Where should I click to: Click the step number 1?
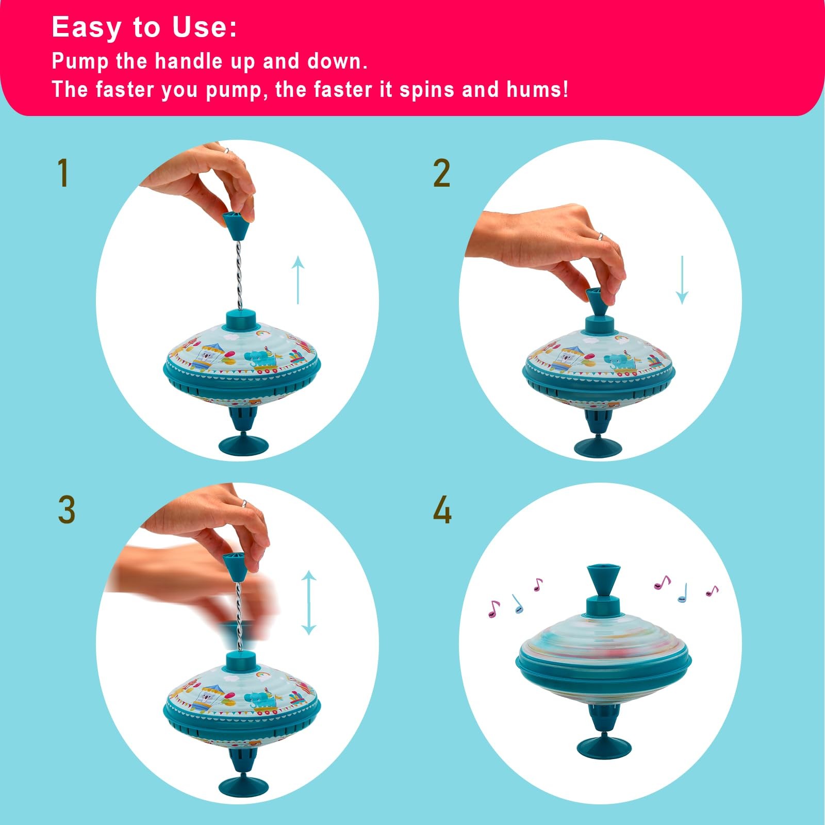tap(63, 173)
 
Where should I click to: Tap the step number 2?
tap(441, 173)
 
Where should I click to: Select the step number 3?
tap(67, 510)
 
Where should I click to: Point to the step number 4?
tap(442, 510)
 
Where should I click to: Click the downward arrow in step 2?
tap(682, 279)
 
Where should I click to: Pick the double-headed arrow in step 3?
tap(308, 602)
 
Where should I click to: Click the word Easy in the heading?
tap(86, 27)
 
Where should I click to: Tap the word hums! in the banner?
tap(537, 89)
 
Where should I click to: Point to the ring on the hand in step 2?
tap(601, 237)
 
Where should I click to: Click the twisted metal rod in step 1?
tap(238, 275)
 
